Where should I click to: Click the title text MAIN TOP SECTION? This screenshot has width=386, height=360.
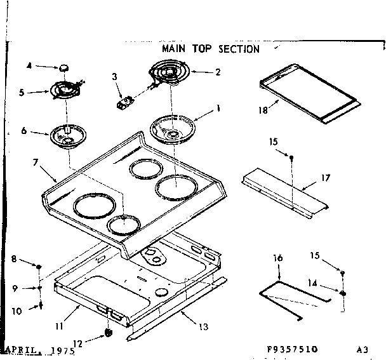tap(210, 49)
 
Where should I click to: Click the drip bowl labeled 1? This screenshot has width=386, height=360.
tap(175, 128)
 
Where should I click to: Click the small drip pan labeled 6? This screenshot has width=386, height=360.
tap(65, 134)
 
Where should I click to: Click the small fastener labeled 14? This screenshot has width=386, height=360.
tap(343, 293)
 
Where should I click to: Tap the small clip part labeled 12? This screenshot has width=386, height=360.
tap(107, 332)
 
